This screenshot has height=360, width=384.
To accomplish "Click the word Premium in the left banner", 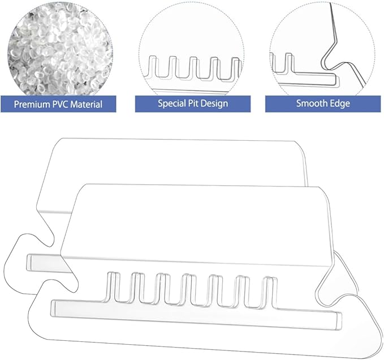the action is coord(32,105).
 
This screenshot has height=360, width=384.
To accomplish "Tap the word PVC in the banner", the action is coord(61,105).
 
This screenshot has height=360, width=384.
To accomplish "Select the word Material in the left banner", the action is coord(86,105).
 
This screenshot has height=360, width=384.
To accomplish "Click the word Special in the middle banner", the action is coord(172,103).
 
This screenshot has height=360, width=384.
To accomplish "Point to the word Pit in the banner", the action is coord(192,103).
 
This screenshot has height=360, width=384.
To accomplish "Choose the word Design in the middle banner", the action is coord(214,103).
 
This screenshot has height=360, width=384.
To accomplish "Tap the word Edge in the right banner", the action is coord(340,104).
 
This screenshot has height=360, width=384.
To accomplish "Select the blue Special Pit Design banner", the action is coord(193,104).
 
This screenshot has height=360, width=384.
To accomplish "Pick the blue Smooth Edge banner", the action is coord(323,104).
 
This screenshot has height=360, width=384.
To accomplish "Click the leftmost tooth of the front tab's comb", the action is coord(112,287).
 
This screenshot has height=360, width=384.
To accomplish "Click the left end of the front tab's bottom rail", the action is coord(53,308).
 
